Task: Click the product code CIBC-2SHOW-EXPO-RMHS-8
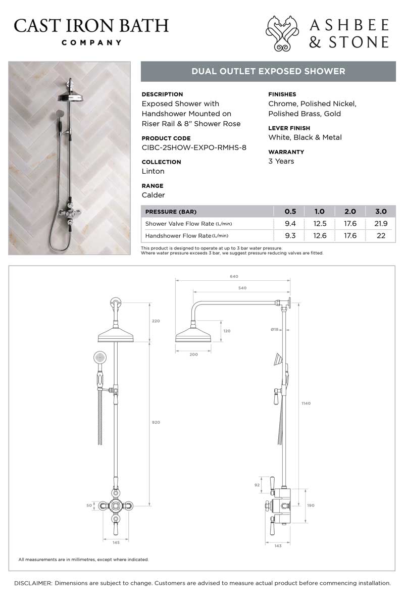(194, 147)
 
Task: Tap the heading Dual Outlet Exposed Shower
(268, 71)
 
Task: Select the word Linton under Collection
(153, 171)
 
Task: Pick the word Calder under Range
(154, 195)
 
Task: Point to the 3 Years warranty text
(281, 161)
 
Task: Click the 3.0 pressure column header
(381, 212)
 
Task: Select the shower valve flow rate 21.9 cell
(381, 223)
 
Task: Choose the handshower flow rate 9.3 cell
(290, 235)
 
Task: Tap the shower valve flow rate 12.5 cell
(319, 223)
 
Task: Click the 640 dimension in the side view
(233, 276)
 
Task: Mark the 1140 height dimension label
(306, 403)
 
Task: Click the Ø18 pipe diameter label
(274, 330)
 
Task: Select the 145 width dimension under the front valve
(116, 542)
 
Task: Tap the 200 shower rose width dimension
(193, 355)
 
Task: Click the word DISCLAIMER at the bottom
(33, 583)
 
